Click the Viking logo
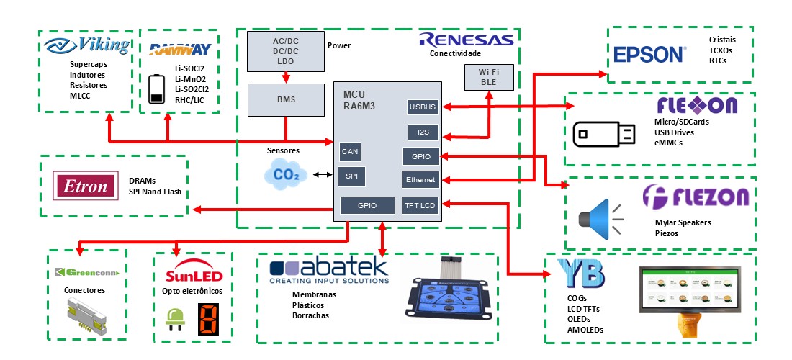pos(87,46)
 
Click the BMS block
pos(285,99)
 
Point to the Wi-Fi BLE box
pos(489,78)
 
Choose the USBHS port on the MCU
pos(421,107)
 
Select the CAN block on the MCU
pos(350,152)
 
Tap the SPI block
pos(350,176)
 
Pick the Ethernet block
pos(420,180)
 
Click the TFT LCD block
pos(420,205)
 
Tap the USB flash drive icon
pos(604,134)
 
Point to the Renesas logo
pos(466,40)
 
